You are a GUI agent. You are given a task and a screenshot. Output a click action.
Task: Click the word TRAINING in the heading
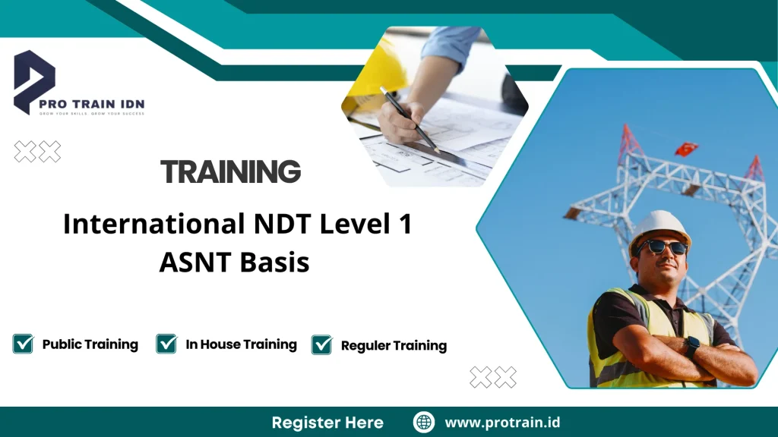pyautogui.click(x=231, y=172)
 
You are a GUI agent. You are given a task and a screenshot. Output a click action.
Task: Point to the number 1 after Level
pyautogui.click(x=403, y=225)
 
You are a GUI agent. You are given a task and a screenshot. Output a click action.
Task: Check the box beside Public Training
pyautogui.click(x=23, y=344)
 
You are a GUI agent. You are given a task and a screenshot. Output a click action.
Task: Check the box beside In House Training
pyautogui.click(x=166, y=344)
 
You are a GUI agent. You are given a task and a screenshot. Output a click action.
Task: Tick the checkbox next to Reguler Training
pyautogui.click(x=321, y=344)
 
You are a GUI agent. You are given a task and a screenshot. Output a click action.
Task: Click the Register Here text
pyautogui.click(x=327, y=422)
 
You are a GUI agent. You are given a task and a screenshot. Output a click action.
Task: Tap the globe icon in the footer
pyautogui.click(x=423, y=422)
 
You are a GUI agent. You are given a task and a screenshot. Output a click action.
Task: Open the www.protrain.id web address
pyautogui.click(x=502, y=422)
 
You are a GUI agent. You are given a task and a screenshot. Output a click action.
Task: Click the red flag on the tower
pyautogui.click(x=687, y=148)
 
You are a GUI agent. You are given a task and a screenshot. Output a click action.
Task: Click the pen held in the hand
pyautogui.click(x=410, y=121)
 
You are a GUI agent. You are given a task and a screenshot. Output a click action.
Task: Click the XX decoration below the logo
pyautogui.click(x=37, y=152)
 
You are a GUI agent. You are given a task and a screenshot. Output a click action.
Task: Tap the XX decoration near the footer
pyautogui.click(x=492, y=377)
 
